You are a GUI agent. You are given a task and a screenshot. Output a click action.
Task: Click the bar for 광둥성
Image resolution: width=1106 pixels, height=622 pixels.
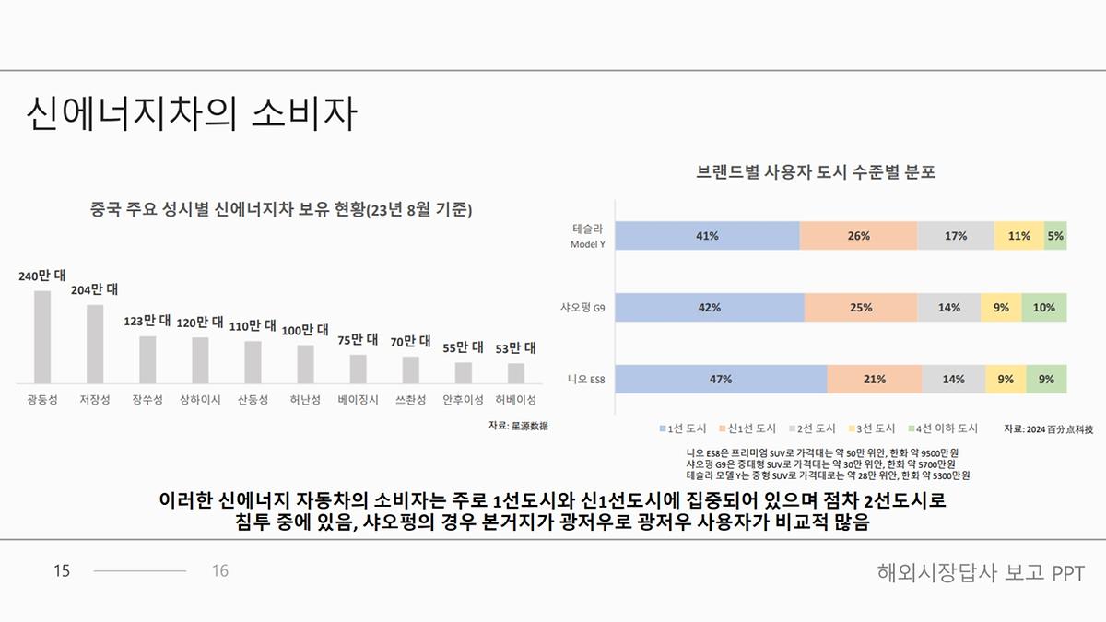pyautogui.click(x=42, y=336)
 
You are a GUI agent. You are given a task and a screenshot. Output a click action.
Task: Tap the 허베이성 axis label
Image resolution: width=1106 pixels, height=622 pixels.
pyautogui.click(x=515, y=400)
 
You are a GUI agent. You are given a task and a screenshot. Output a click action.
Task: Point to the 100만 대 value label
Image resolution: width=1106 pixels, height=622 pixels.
pyautogui.click(x=305, y=330)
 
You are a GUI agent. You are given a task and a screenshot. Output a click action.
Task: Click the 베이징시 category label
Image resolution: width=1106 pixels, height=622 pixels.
pyautogui.click(x=358, y=400)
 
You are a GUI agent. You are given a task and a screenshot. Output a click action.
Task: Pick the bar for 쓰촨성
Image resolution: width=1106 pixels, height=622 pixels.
pyautogui.click(x=411, y=369)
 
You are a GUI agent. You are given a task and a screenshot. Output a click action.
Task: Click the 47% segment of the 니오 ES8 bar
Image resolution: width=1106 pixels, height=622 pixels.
pyautogui.click(x=721, y=379)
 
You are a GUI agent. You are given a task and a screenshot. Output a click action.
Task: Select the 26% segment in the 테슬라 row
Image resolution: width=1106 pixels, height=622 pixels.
pyautogui.click(x=858, y=236)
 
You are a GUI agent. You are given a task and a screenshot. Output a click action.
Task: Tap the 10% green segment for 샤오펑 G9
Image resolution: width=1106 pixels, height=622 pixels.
pyautogui.click(x=1043, y=308)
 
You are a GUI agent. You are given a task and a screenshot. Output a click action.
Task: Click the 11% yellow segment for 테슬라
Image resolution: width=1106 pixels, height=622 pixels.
pyautogui.click(x=1018, y=236)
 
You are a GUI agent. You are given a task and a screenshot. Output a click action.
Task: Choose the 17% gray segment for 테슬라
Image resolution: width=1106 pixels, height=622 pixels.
pyautogui.click(x=955, y=236)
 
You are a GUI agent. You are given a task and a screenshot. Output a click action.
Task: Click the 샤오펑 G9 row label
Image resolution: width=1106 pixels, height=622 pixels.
pyautogui.click(x=582, y=307)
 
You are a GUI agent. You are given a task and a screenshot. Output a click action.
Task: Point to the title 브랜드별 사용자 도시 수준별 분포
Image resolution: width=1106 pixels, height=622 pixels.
pyautogui.click(x=815, y=172)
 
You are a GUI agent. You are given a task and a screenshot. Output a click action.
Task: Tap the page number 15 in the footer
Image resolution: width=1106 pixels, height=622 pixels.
pyautogui.click(x=62, y=571)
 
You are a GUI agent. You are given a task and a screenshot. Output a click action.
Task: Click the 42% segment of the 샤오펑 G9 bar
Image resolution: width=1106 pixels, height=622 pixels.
pyautogui.click(x=709, y=308)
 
